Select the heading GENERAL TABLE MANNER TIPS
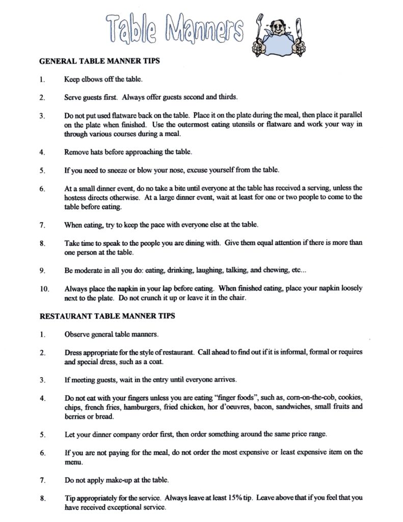[x=100, y=61]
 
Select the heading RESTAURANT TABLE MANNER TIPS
[x=107, y=316]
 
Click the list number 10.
[x=44, y=289]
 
